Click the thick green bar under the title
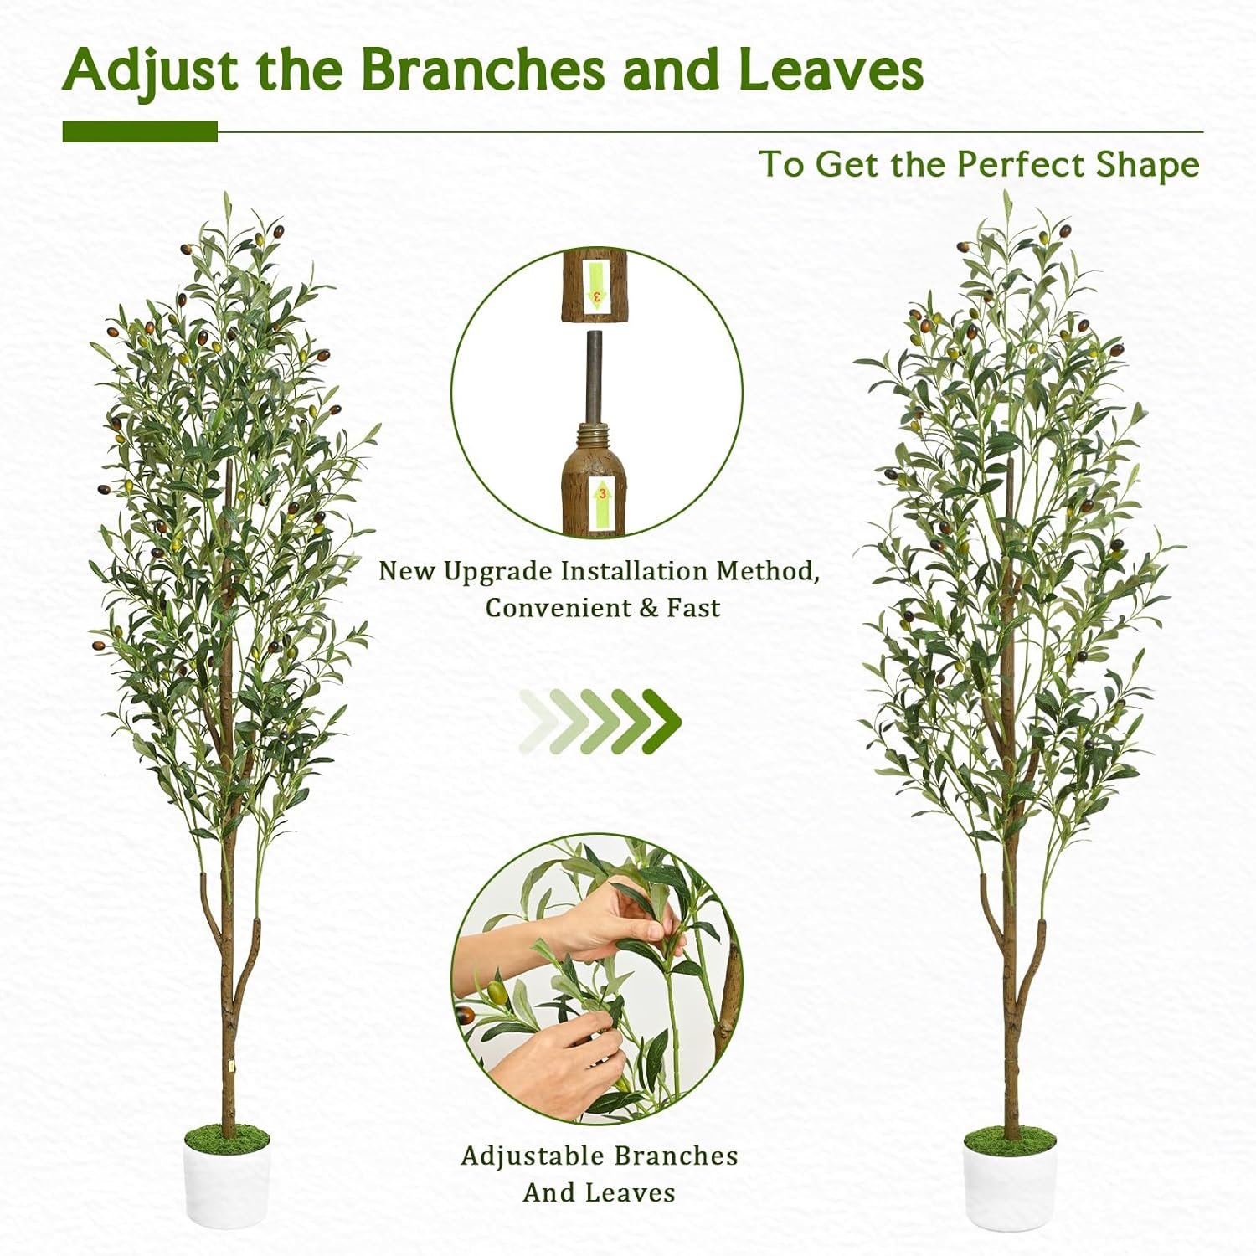(x=140, y=131)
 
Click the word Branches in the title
(x=482, y=69)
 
